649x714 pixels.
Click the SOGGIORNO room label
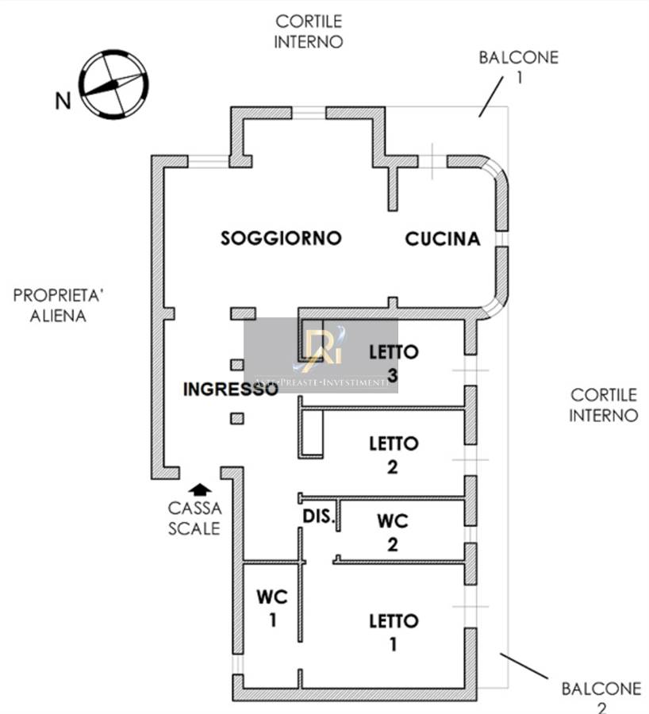[281, 238]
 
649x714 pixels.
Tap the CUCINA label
[443, 239]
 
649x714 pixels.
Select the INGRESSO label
[230, 390]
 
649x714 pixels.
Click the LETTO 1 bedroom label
[394, 631]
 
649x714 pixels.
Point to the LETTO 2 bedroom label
[394, 455]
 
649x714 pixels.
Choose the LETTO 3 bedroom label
[394, 362]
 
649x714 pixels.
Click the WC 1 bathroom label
[272, 607]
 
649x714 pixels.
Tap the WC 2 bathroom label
[393, 532]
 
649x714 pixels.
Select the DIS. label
[317, 516]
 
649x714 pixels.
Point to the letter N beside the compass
[62, 101]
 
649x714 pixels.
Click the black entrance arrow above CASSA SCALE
[200, 489]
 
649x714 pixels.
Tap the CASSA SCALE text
[194, 518]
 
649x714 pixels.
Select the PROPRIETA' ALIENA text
[59, 305]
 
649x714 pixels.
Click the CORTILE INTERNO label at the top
[309, 32]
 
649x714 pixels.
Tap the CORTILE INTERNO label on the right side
[604, 405]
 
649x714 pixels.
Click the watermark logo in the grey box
[321, 350]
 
